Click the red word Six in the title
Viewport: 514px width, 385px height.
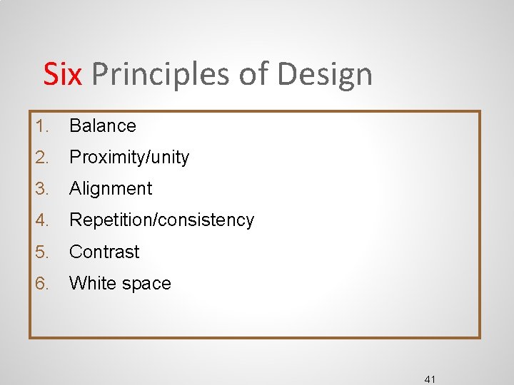(x=62, y=74)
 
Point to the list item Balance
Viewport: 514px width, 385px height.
(x=102, y=126)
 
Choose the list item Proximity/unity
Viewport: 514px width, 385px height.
(x=129, y=158)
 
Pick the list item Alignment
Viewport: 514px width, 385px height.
(x=111, y=189)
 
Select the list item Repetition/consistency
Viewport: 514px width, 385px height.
(x=161, y=220)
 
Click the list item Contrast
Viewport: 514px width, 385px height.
(x=104, y=252)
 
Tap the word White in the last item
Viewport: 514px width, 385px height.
(x=90, y=283)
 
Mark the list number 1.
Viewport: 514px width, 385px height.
(x=42, y=126)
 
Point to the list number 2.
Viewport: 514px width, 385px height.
(x=42, y=158)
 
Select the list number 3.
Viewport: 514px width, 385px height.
(x=42, y=189)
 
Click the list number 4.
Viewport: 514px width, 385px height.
(x=42, y=220)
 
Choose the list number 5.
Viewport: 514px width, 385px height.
(x=42, y=252)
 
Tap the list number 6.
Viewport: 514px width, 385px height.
(x=42, y=283)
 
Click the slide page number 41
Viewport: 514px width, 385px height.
(x=429, y=379)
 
